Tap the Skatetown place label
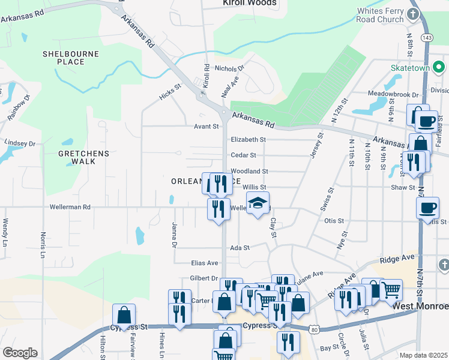pos(411,68)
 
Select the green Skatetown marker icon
pos(439,67)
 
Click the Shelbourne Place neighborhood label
pos(70,58)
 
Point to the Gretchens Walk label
pos(84,157)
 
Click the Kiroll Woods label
pos(249,3)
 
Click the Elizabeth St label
pos(248,139)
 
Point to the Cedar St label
pos(244,155)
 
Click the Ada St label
pos(240,247)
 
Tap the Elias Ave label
pos(204,263)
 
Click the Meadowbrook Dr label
pos(393,94)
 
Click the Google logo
pos(20,352)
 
